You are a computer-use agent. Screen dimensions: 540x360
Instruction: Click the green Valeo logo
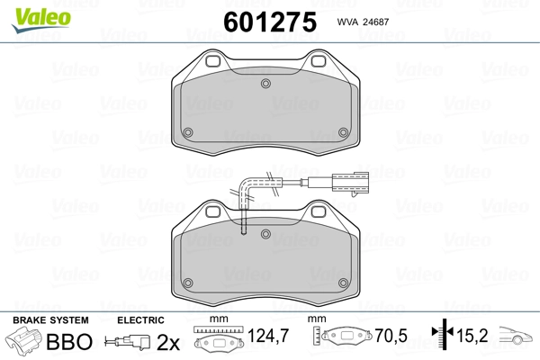click(x=41, y=20)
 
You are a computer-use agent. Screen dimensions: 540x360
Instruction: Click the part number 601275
click(x=270, y=22)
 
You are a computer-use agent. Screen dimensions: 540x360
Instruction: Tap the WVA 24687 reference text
click(x=363, y=22)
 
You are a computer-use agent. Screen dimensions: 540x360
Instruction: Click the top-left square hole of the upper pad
click(x=212, y=61)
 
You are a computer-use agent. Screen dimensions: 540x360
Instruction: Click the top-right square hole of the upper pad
click(x=319, y=61)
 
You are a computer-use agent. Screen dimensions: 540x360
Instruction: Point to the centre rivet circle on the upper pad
click(x=265, y=84)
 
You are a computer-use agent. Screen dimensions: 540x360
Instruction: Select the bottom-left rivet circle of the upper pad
click(x=188, y=132)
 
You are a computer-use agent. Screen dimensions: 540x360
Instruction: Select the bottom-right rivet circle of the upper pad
click(x=344, y=132)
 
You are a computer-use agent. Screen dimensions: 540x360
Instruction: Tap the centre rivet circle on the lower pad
click(x=265, y=234)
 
